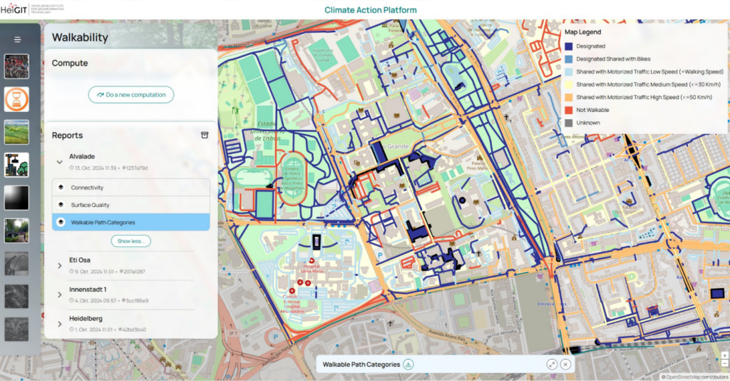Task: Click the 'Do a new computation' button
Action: tap(131, 94)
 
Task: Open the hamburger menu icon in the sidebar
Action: tap(17, 40)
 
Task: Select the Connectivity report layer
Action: tap(87, 188)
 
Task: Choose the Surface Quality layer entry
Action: tap(90, 205)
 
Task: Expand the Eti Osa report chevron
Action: tap(60, 265)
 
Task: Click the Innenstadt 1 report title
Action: tap(88, 289)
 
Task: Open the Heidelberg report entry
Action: tap(86, 317)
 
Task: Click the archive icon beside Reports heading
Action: tap(205, 135)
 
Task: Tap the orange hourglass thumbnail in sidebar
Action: tap(16, 99)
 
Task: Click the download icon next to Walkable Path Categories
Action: tap(408, 365)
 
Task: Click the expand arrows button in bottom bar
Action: tap(552, 365)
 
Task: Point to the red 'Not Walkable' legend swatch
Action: tap(568, 110)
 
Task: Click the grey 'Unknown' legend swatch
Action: tap(568, 123)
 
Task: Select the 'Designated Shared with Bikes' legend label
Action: tap(613, 59)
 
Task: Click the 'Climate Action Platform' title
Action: tap(370, 10)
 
